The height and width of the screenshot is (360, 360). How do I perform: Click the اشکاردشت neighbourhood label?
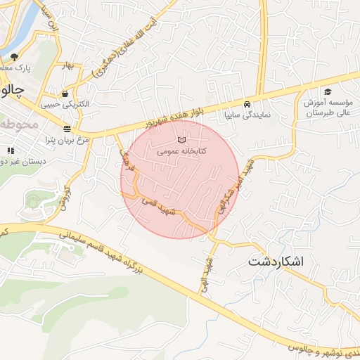(x=276, y=262)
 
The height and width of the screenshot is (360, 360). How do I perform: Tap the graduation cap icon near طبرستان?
(x=327, y=92)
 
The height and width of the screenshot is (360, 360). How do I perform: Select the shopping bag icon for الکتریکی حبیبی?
(x=65, y=94)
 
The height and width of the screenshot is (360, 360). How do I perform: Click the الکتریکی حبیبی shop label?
(x=65, y=104)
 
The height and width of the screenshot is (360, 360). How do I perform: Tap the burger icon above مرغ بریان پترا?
(x=67, y=129)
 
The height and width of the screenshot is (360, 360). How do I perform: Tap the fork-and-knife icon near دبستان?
(x=10, y=150)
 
